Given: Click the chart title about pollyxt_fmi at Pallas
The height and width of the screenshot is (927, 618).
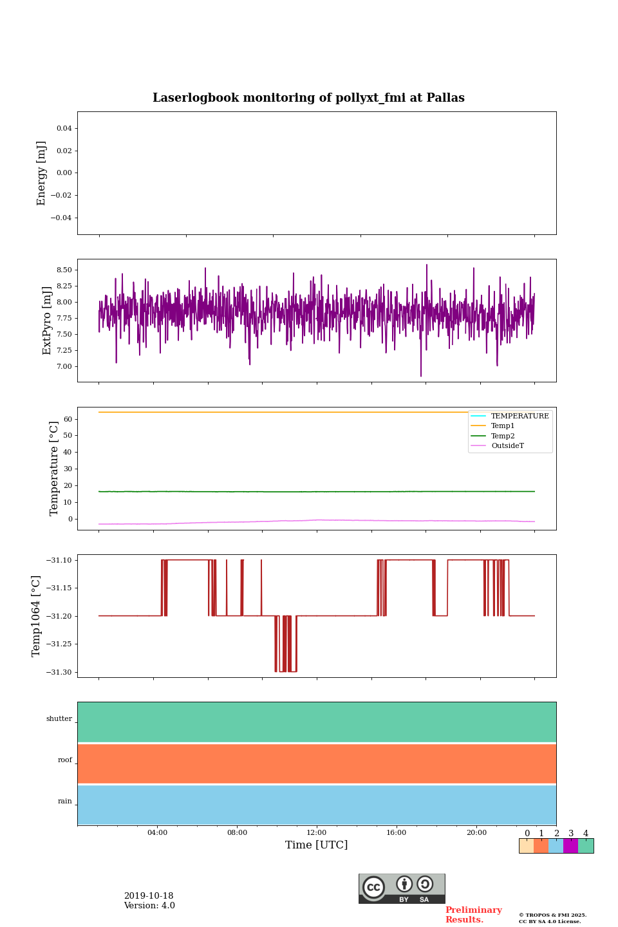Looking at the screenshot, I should click(308, 98).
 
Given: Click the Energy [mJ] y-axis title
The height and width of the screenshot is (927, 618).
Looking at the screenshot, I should click(42, 173).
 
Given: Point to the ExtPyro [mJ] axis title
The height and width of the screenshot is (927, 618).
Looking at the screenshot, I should click(47, 321).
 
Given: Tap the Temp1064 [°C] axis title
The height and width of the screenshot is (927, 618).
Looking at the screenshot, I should click(36, 616).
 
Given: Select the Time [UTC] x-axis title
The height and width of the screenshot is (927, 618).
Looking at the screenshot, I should click(316, 845).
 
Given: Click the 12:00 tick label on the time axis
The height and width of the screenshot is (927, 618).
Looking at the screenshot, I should click(316, 832).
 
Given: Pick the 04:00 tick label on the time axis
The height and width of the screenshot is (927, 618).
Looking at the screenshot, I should click(157, 832).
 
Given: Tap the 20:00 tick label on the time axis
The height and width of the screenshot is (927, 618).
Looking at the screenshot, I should click(476, 832).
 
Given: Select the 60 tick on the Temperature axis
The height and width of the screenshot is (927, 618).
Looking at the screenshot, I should click(68, 419).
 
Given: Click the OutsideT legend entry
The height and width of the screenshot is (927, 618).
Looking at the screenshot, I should click(507, 445).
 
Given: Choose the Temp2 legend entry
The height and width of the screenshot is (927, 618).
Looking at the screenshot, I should click(503, 436).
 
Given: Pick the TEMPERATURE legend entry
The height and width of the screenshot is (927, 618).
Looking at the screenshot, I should click(520, 416).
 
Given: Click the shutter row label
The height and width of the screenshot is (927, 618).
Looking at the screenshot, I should click(59, 718).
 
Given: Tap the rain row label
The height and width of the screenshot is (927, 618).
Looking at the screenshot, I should click(65, 801).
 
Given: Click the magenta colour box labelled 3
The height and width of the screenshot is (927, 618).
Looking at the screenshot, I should click(570, 846).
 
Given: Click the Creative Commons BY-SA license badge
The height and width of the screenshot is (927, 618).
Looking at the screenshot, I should click(402, 888).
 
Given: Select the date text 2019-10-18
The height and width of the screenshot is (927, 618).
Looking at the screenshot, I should click(149, 896).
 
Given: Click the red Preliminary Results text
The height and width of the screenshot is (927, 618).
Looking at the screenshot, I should click(473, 915).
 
